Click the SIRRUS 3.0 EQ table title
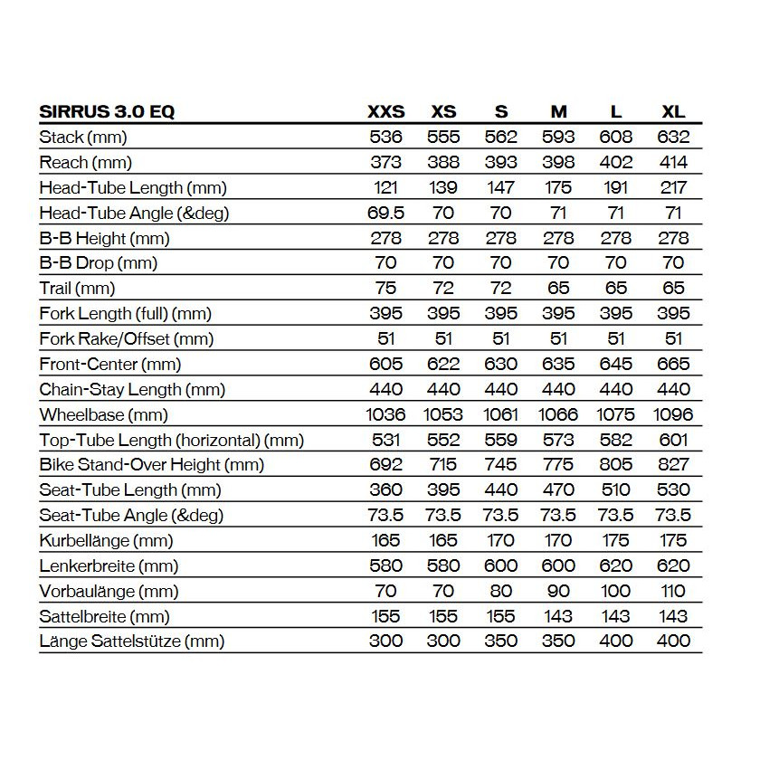pyautogui.click(x=108, y=112)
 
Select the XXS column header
pyautogui.click(x=385, y=112)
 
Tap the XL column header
pyautogui.click(x=673, y=112)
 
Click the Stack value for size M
pyautogui.click(x=558, y=138)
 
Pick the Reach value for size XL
pyautogui.click(x=673, y=163)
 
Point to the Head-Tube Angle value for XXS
pyautogui.click(x=385, y=214)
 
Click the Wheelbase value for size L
pyautogui.click(x=616, y=415)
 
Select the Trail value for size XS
pyautogui.click(x=443, y=289)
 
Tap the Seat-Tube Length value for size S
pyautogui.click(x=501, y=490)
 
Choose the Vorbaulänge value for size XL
pyautogui.click(x=673, y=592)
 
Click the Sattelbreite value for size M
pyautogui.click(x=558, y=617)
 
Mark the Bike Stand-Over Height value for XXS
pyautogui.click(x=385, y=465)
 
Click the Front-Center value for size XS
pyautogui.click(x=443, y=365)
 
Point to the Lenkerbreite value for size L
pyautogui.click(x=616, y=566)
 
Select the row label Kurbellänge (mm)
pyautogui.click(x=107, y=541)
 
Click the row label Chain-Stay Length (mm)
pyautogui.click(x=132, y=390)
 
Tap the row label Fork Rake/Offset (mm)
pyautogui.click(x=127, y=339)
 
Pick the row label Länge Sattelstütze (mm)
pyautogui.click(x=132, y=641)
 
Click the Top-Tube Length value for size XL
pyautogui.click(x=673, y=441)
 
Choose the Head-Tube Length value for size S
pyautogui.click(x=501, y=188)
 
